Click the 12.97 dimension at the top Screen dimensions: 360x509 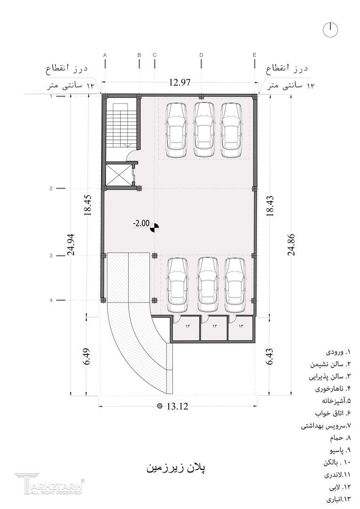[179, 82]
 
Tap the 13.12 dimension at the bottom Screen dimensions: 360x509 [177, 406]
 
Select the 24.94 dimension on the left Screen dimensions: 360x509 [72, 245]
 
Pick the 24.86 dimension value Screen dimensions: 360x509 [291, 245]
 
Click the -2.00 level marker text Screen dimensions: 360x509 [141, 223]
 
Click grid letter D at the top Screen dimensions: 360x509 [201, 55]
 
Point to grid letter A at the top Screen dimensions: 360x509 [105, 55]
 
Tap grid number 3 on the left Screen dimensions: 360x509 [51, 256]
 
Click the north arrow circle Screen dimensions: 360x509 [330, 30]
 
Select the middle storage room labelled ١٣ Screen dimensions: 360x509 [214, 328]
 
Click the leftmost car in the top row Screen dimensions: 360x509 [177, 130]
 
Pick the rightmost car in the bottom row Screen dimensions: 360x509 [236, 285]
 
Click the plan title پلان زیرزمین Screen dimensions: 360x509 [176, 468]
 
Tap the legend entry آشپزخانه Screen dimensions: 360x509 [336, 400]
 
